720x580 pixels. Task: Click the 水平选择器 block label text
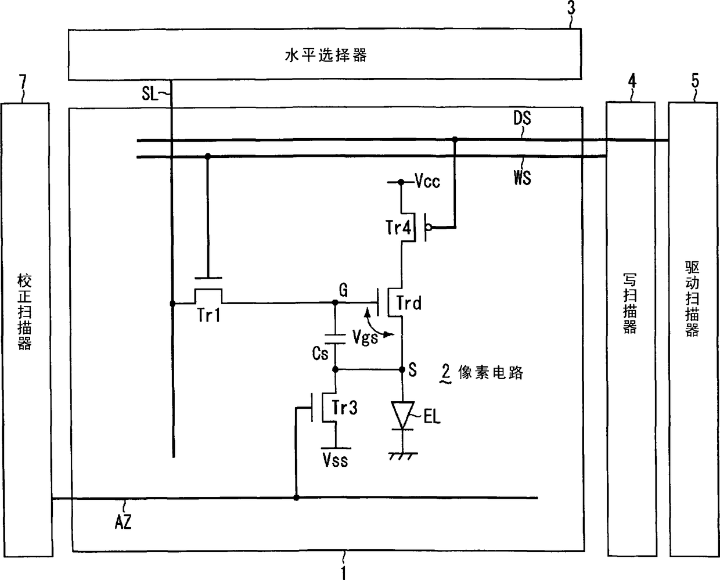326,56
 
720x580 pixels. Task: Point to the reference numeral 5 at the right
694,81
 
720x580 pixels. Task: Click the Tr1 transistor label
208,315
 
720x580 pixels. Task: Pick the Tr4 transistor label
398,227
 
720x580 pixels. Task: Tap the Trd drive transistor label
409,302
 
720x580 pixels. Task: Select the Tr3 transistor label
344,408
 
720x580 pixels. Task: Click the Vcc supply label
427,182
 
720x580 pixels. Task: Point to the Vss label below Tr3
335,460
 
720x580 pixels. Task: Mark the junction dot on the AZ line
296,498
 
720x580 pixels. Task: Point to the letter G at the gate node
343,290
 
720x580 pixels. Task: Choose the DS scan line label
522,119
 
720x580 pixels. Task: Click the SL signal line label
149,93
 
